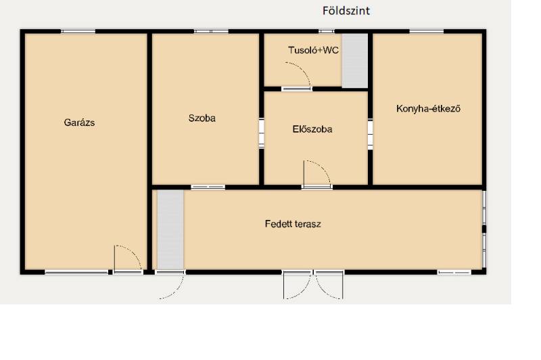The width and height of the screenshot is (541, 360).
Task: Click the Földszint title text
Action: (346, 11)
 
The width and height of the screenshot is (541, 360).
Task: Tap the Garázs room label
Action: (79, 122)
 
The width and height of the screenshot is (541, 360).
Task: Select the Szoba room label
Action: (202, 118)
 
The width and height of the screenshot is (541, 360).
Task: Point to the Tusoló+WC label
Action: (313, 50)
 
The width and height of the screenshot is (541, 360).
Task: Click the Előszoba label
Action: (312, 129)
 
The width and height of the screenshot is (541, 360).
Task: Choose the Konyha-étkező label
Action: (428, 109)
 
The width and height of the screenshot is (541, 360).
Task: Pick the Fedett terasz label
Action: (293, 224)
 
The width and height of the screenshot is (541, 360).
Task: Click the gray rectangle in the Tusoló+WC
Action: (354, 61)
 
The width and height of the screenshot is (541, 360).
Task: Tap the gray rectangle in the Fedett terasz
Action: (170, 230)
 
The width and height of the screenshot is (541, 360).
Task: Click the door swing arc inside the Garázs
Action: (134, 252)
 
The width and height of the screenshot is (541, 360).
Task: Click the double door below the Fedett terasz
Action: (313, 285)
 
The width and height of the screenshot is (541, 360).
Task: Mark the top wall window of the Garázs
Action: (78, 31)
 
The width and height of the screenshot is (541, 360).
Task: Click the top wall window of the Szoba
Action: (211, 31)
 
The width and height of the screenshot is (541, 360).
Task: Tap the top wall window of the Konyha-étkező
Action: (427, 31)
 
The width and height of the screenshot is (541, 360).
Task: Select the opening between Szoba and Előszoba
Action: (262, 133)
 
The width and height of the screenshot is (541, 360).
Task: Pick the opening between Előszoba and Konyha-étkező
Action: (370, 134)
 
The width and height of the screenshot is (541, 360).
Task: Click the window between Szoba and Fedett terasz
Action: (208, 187)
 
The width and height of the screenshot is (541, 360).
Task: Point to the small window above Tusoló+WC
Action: (327, 31)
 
